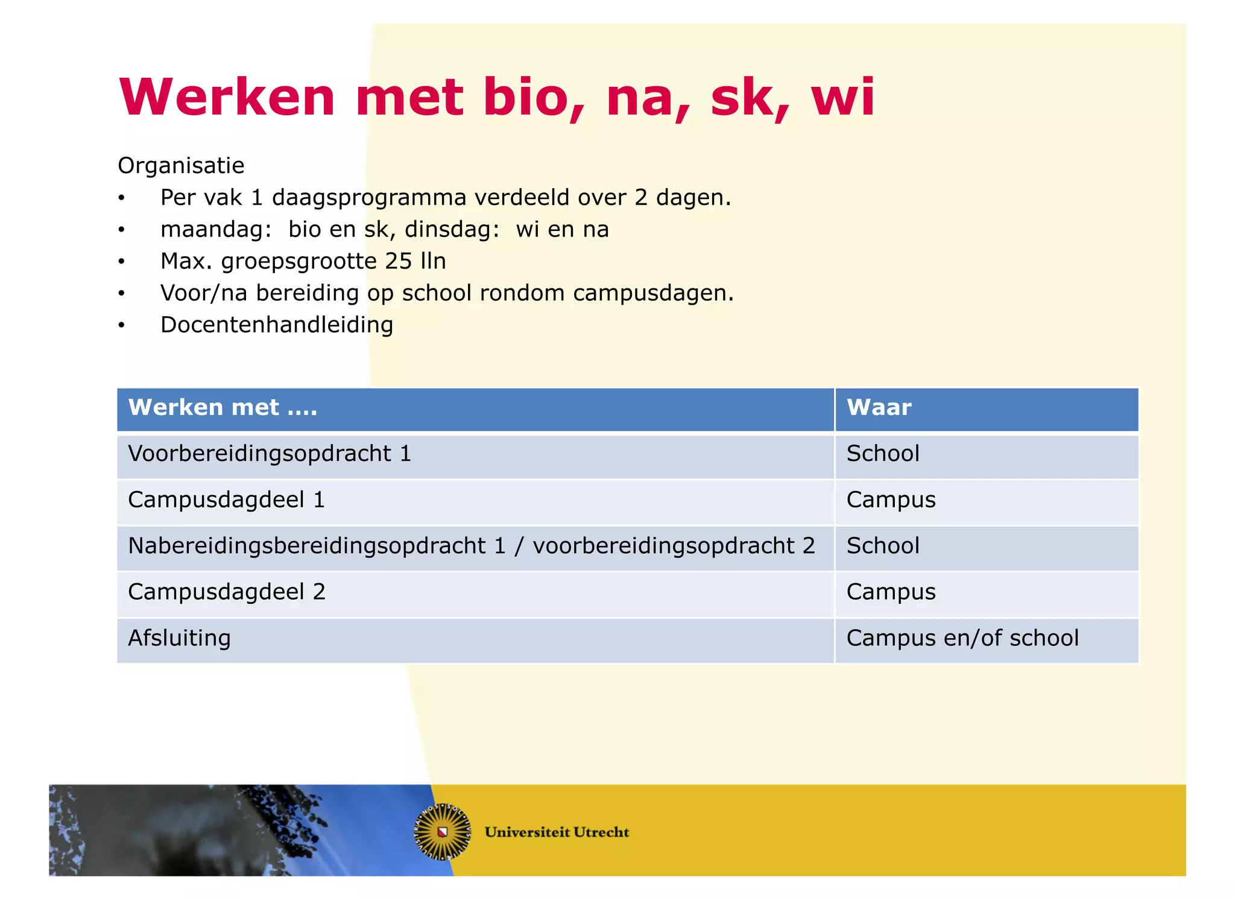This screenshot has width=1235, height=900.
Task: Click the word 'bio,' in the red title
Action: [x=533, y=98]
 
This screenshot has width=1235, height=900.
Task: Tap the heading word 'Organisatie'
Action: [x=181, y=165]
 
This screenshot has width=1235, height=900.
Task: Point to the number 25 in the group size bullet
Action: [x=399, y=261]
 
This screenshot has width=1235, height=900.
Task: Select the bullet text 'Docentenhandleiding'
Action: [x=277, y=325]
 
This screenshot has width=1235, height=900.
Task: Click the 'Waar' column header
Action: [x=879, y=408]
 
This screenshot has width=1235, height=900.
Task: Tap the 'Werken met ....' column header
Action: [x=223, y=408]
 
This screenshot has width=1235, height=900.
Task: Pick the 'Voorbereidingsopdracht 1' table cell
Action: [x=270, y=454]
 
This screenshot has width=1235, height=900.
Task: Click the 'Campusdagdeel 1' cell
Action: [x=227, y=500]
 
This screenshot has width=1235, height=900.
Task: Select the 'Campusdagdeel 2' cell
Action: [x=227, y=592]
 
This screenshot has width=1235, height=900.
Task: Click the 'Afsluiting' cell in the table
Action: [x=180, y=638]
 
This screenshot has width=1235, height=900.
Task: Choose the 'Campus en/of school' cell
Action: [x=962, y=638]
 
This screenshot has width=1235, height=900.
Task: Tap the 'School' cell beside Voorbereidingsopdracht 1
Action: [x=883, y=454]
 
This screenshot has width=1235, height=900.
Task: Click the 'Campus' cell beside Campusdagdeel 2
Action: [x=891, y=592]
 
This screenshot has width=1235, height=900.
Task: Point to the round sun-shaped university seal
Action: [x=443, y=832]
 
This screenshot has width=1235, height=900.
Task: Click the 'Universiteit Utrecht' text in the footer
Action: [x=557, y=832]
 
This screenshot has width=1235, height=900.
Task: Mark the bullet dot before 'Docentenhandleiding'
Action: [x=122, y=326]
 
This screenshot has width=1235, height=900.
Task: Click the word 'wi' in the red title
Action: [x=842, y=98]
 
